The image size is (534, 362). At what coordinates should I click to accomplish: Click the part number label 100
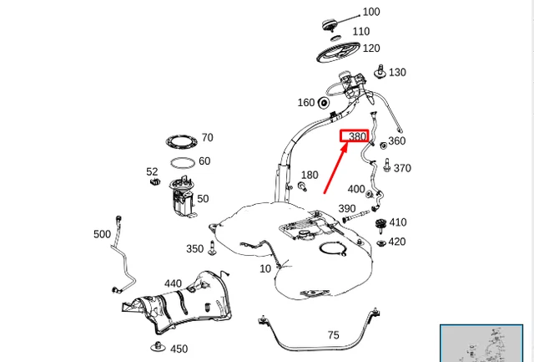coord(370,12)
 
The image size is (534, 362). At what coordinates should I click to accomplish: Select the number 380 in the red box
coord(356,136)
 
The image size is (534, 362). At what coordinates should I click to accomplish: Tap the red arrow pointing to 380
coord(336,167)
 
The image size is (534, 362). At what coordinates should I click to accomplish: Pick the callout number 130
coord(396,73)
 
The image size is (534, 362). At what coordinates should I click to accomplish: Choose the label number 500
coord(102,234)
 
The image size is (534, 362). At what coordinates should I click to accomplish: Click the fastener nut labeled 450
coord(156,345)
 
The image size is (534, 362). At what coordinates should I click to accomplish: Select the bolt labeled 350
coord(214,248)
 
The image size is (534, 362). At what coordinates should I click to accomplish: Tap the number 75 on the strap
coord(333,335)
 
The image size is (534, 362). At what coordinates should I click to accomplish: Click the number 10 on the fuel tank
coord(265,268)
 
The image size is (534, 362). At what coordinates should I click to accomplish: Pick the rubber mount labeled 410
coord(380,223)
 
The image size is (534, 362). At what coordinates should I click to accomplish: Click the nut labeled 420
coord(380,242)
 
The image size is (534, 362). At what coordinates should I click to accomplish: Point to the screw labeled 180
coord(300,186)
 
